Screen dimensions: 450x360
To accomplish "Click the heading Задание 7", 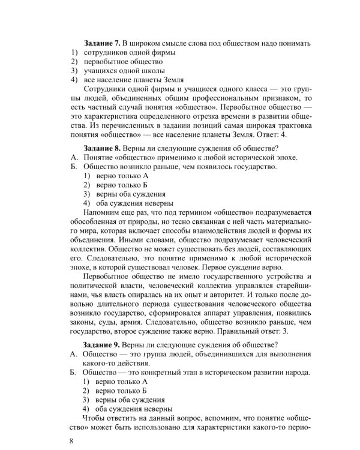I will click(101, 43).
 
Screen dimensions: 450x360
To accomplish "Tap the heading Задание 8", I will click(101, 148).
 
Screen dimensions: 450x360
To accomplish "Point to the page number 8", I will click(72, 441).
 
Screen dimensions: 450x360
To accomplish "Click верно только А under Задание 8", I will click(118, 175).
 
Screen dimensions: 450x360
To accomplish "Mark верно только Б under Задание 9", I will click(118, 391).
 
